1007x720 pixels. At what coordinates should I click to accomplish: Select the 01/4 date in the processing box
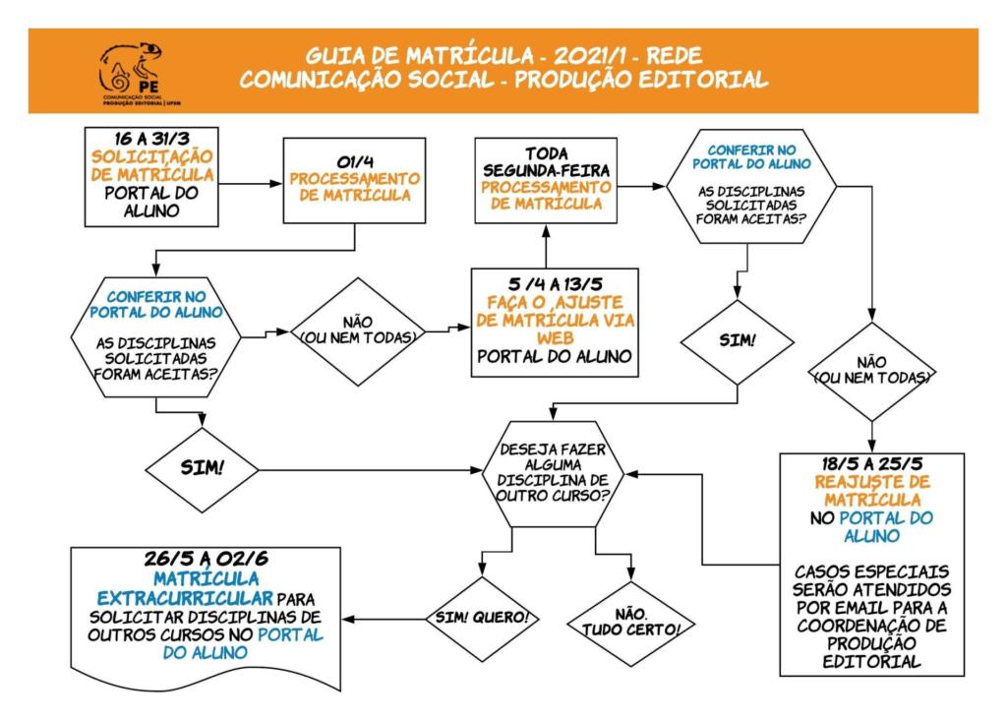[353, 160]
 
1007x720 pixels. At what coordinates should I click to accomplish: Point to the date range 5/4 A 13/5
[554, 283]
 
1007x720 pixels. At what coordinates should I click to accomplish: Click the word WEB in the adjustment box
[555, 337]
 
